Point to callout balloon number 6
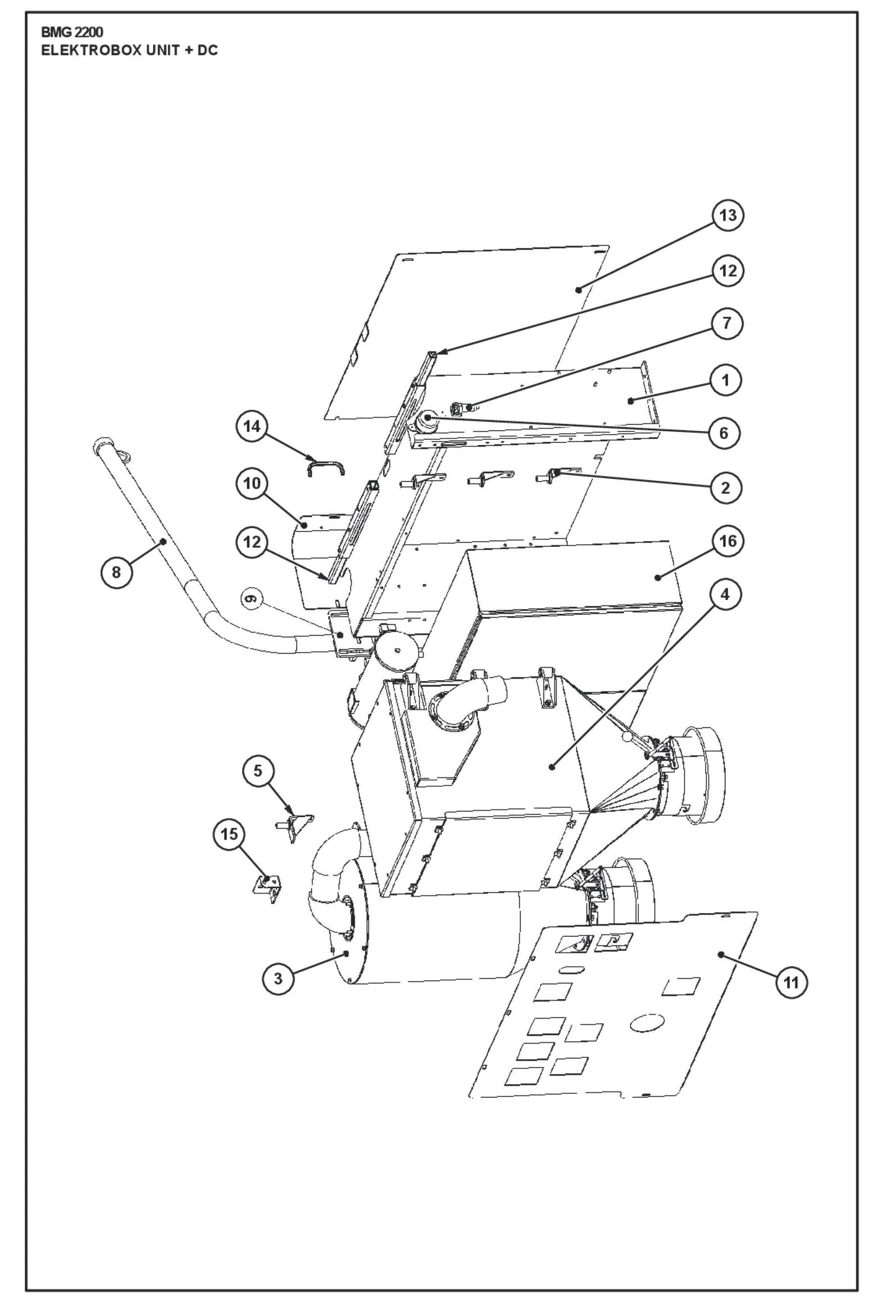724,433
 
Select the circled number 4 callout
726,594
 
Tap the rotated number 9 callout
251,599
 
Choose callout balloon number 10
252,484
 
